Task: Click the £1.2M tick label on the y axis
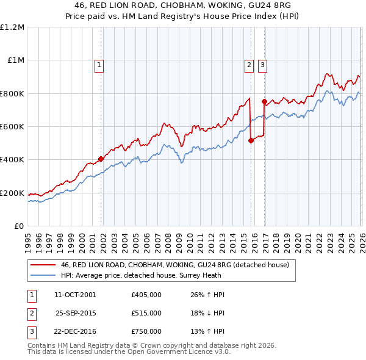coord(12,27)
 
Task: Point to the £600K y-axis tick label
coord(12,126)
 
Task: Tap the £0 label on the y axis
coord(18,226)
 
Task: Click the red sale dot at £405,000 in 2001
coord(101,159)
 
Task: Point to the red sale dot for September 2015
coord(251,140)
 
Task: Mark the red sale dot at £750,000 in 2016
coord(264,102)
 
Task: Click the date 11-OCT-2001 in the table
coord(75,295)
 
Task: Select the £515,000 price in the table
coord(146,313)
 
